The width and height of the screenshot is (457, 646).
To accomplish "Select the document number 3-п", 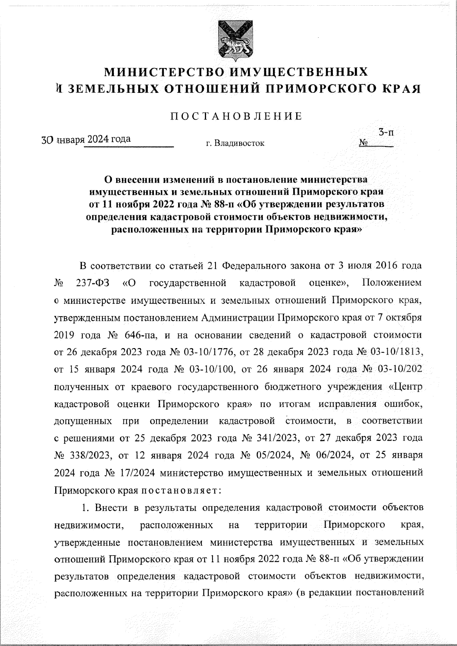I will pyautogui.click(x=385, y=133).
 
